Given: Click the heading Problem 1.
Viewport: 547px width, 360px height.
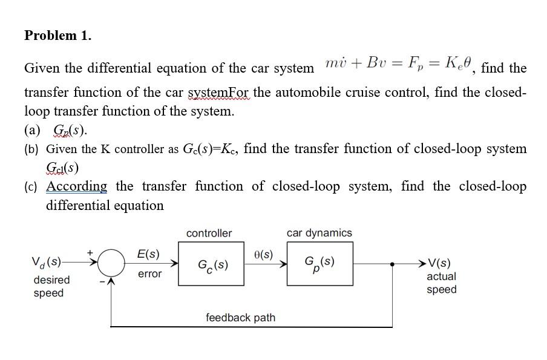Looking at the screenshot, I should pos(58,36).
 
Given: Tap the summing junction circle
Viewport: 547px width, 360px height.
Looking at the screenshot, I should pos(111,264).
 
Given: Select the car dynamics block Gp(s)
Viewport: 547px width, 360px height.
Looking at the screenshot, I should pos(319,263).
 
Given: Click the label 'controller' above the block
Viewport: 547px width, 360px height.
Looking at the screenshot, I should pos(209,234).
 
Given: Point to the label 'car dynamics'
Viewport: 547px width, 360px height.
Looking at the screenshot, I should pos(319,233).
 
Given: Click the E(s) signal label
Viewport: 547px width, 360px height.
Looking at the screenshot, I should pos(148,254).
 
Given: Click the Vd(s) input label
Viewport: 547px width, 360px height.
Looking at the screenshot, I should pos(47,263).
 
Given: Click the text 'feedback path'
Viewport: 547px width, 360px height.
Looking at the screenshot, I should pos(240,318).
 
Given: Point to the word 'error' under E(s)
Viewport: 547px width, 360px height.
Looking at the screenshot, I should pos(150,275).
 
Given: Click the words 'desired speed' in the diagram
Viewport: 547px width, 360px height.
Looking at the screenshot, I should pos(51,287).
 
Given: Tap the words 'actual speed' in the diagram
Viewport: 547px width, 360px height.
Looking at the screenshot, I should pos(442,283).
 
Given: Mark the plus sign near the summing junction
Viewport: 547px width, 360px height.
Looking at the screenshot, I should pos(91,250).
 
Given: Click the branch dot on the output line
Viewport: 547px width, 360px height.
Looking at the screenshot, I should pos(393,264).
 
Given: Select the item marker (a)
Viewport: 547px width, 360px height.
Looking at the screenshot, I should pos(33,130).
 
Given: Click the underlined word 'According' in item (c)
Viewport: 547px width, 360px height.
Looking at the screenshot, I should pos(77,186).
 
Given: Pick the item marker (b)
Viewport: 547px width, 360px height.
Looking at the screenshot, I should pos(33,149).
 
